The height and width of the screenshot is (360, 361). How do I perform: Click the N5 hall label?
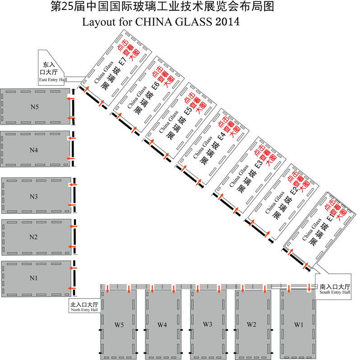point(35,107)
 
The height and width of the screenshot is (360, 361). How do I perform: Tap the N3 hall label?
point(33,197)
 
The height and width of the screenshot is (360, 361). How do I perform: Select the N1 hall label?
point(33,278)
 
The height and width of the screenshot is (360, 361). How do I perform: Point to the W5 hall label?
point(119,325)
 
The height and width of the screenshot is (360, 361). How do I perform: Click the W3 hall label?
point(208,324)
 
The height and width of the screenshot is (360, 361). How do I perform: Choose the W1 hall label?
point(299,325)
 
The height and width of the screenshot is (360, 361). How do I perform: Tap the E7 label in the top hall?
point(122,60)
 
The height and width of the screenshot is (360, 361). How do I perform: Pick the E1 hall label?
point(330,217)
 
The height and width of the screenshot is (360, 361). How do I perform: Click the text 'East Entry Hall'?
point(53,80)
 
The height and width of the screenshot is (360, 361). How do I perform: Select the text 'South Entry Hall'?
point(335,292)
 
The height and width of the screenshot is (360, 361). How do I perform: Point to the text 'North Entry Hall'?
point(84,310)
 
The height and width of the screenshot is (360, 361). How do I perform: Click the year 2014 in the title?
point(227,22)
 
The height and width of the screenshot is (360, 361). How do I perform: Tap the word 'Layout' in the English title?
point(99,22)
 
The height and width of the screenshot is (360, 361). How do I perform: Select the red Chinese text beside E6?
point(163,77)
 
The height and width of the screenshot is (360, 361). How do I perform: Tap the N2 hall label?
point(33,237)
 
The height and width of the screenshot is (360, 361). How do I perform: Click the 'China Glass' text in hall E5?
point(169,122)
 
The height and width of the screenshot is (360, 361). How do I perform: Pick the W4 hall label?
point(162,325)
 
